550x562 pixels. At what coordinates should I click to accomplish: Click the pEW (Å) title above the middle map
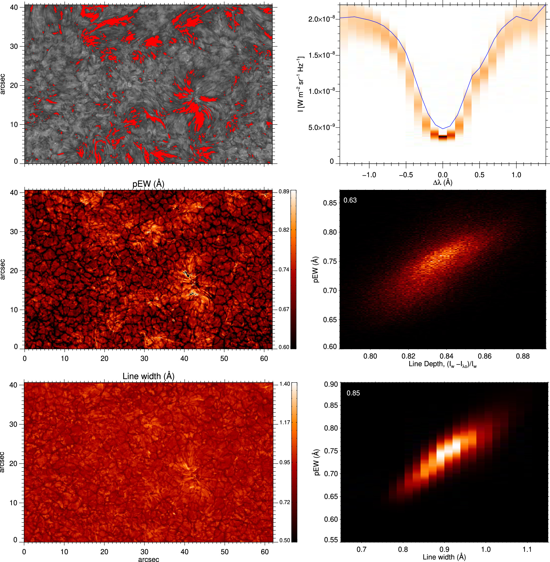click(x=148, y=184)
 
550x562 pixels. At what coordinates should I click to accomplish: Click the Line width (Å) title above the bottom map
click(x=148, y=376)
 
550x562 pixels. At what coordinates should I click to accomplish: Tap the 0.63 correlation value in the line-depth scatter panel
click(x=350, y=200)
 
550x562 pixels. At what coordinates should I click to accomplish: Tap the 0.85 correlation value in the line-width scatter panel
click(x=353, y=393)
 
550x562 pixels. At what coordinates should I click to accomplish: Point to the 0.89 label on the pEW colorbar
click(x=284, y=192)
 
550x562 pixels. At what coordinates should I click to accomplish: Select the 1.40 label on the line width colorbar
click(x=285, y=384)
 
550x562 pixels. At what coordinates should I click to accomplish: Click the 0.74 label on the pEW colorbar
click(x=284, y=270)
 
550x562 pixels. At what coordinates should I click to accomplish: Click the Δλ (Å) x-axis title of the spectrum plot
click(x=443, y=182)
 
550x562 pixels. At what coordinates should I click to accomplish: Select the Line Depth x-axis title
click(x=443, y=364)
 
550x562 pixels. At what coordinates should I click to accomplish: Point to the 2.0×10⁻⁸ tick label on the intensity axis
click(x=322, y=19)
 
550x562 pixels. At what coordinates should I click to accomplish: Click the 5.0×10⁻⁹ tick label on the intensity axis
click(x=322, y=128)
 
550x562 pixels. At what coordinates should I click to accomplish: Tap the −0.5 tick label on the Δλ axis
click(x=406, y=175)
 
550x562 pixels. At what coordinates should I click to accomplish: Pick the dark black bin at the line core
click(x=443, y=137)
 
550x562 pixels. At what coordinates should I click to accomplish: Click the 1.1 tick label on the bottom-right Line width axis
click(x=527, y=549)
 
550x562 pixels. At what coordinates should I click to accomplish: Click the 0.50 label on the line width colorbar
click(x=285, y=540)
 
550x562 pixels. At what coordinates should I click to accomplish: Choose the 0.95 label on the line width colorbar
click(x=285, y=462)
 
